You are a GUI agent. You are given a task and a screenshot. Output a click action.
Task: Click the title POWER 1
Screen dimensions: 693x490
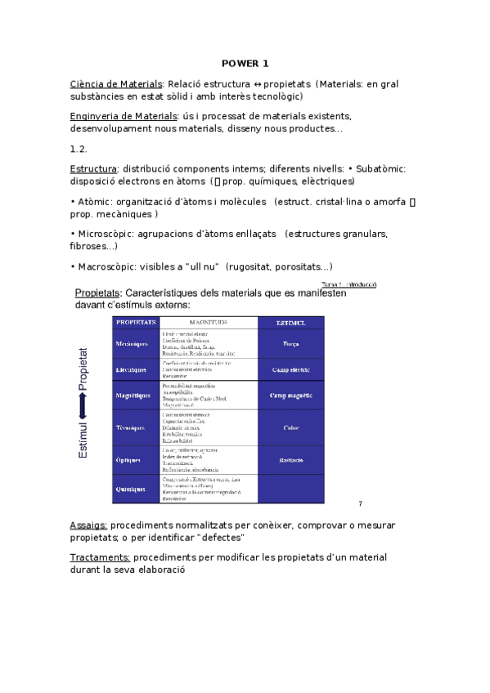245,63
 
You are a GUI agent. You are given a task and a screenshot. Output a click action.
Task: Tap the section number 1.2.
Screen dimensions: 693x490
79,149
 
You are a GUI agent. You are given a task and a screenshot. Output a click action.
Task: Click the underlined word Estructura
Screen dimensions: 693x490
94,168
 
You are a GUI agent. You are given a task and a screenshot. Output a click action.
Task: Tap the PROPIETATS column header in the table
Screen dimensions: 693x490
136,323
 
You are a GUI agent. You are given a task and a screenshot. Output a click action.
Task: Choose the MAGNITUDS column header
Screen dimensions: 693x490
208,323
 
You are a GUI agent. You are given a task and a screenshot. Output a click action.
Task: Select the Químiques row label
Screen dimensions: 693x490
131,490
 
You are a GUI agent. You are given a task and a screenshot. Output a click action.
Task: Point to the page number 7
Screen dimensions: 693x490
360,503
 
